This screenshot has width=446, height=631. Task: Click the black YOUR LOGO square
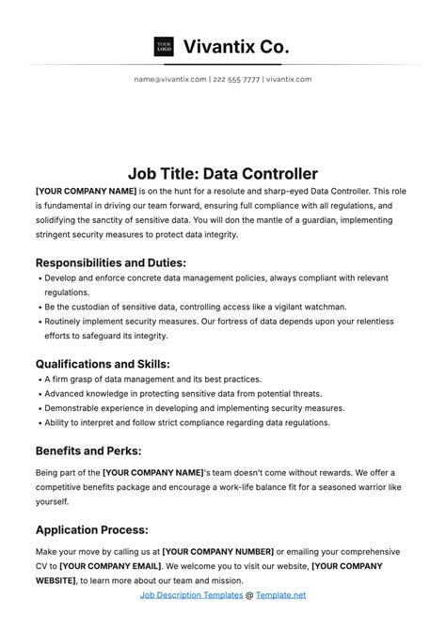(164, 45)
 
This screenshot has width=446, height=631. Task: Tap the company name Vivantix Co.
(236, 45)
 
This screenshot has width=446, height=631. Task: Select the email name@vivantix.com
(170, 80)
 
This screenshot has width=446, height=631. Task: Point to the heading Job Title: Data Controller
(223, 173)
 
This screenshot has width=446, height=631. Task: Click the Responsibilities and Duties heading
(110, 262)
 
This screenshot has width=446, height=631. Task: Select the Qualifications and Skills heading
(102, 364)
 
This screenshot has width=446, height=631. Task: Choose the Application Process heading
(91, 529)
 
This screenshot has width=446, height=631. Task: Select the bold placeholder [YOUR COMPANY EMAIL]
(109, 567)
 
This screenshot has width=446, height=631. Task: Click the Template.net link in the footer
(280, 595)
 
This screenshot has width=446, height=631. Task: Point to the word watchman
(320, 307)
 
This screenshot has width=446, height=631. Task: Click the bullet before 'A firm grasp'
(39, 379)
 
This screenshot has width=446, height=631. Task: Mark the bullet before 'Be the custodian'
(39, 307)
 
